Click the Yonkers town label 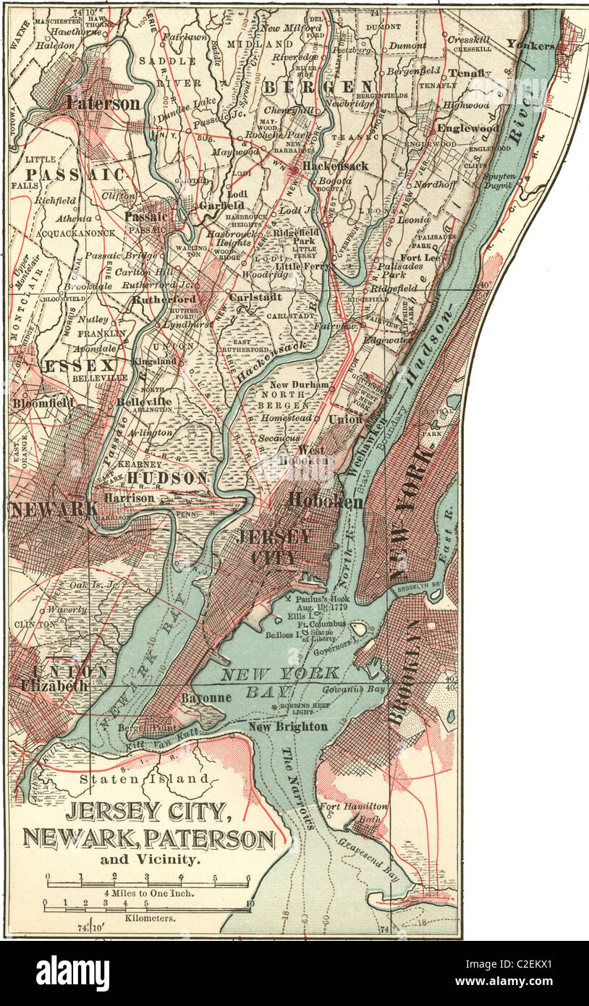click(530, 45)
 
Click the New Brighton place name click(287, 727)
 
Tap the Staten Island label click(148, 779)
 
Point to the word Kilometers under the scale click(145, 916)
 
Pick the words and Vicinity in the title click(149, 861)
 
